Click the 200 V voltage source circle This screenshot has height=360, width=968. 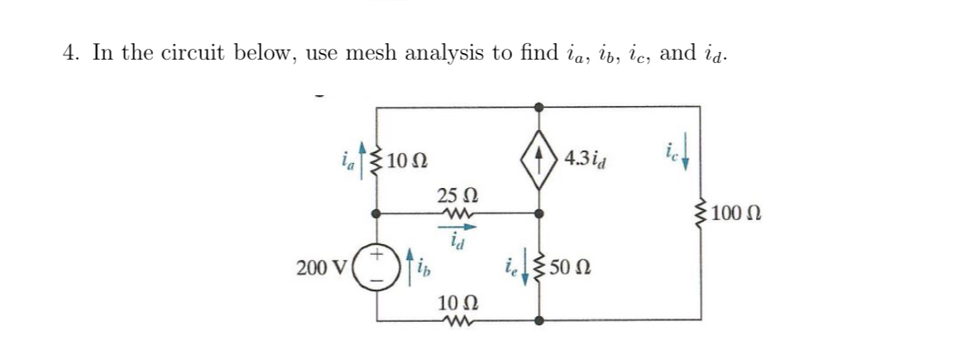coord(379,269)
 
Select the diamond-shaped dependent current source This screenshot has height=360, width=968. coord(539,157)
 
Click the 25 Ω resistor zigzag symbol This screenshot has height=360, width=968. coord(457,214)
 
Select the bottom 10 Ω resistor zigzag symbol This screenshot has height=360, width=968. coord(458,319)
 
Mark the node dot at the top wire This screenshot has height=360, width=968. coord(539,107)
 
